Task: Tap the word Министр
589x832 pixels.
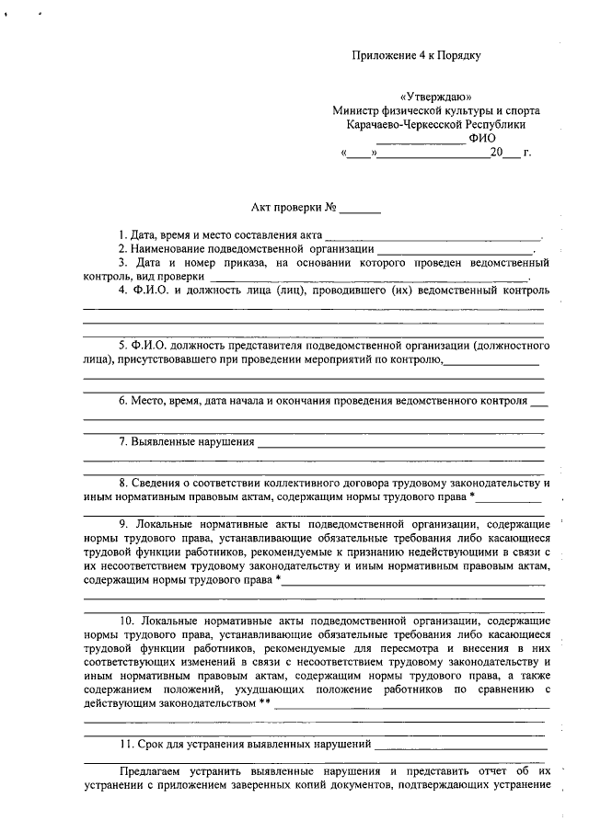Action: [357, 110]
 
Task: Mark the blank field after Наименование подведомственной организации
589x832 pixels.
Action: [455, 249]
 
